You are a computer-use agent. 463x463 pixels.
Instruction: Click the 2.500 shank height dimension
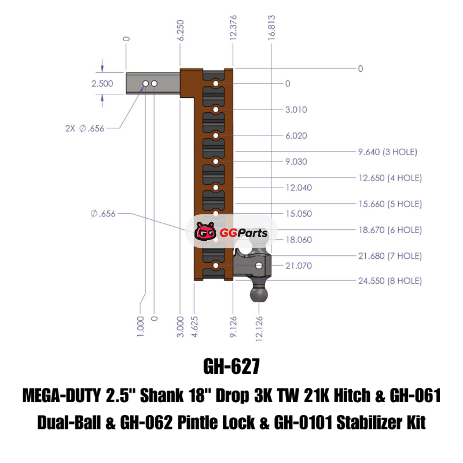tap(102, 83)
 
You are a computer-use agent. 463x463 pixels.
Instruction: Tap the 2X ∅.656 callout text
tap(85, 128)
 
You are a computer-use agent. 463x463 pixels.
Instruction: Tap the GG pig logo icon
tap(205, 233)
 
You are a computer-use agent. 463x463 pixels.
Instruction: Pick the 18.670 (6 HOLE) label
tap(390, 230)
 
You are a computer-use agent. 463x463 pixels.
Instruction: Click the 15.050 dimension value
tap(299, 214)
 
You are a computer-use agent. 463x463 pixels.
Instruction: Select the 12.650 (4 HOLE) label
tap(390, 178)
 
